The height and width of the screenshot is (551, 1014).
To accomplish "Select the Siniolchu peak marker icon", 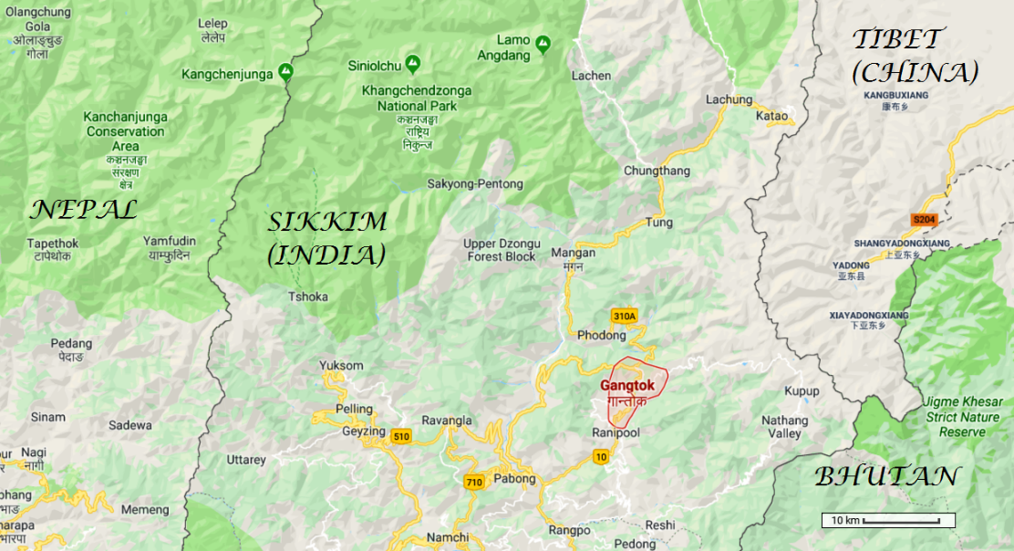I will coord(412,63).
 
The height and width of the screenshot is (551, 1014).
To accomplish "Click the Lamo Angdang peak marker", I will coord(543,43).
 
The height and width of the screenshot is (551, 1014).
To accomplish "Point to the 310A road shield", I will coord(624,317).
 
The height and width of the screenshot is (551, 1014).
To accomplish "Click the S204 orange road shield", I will coord(924,219).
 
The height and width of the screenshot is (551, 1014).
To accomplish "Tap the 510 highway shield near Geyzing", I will coord(400,437).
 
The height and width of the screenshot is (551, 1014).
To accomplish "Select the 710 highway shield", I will coord(473,482).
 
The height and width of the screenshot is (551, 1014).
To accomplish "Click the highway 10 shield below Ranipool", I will coord(600,456).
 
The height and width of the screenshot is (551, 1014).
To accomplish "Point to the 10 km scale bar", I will coord(888,520).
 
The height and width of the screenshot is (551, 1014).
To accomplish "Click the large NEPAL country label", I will coord(83,211).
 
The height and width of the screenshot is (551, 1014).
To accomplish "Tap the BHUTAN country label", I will coord(886,476).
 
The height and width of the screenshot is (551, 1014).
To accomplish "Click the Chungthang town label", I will coord(657,171).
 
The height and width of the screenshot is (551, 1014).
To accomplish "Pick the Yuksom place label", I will coord(341,366).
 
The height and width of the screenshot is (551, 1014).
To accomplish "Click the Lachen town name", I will coord(591,76).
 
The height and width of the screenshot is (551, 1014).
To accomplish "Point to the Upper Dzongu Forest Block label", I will coord(500,250).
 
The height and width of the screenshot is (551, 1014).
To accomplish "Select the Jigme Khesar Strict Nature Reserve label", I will coord(963,417).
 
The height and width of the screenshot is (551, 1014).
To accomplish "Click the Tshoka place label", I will coord(307,296).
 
